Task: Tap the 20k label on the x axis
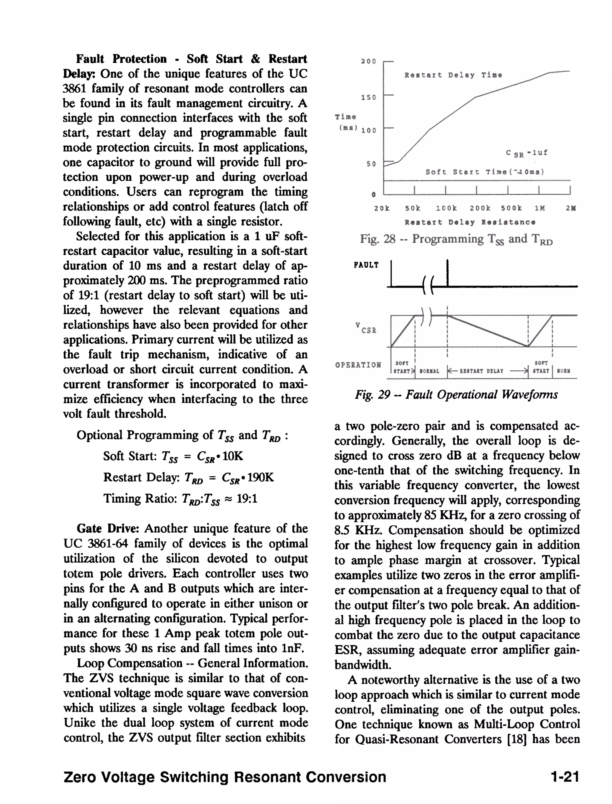coord(381,208)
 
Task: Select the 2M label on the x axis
coord(570,208)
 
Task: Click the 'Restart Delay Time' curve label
coord(453,75)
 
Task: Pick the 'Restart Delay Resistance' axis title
coord(470,222)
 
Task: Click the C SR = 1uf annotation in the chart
coord(527,153)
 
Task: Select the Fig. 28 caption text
coord(456,239)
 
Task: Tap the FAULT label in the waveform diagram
coord(366,265)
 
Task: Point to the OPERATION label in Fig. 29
coord(358,365)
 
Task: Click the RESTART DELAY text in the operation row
coord(481,371)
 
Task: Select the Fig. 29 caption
coord(456,395)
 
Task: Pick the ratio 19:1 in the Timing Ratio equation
coord(247,498)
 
